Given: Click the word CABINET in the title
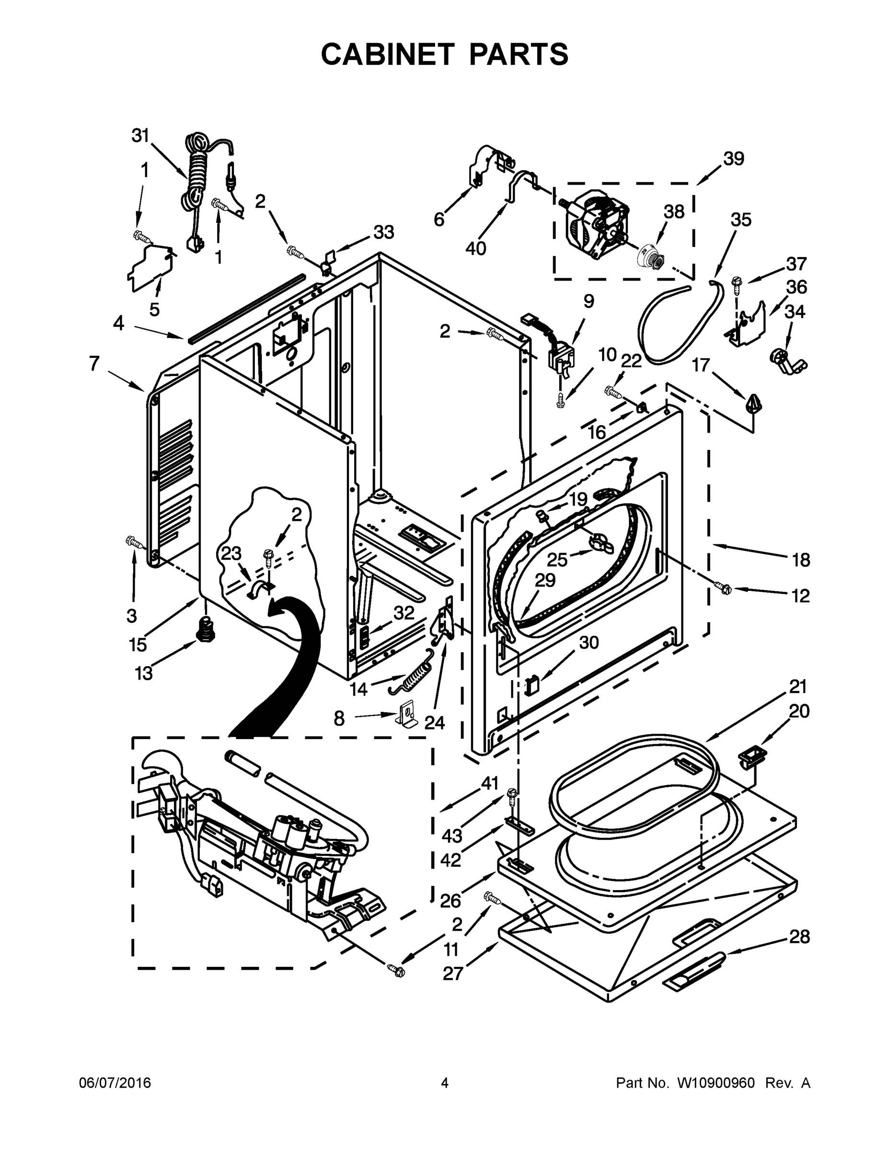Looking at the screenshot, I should (387, 54).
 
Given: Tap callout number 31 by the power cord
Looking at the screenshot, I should (140, 136).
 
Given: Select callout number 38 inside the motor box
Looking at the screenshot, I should (674, 212).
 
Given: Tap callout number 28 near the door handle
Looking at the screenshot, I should (799, 937).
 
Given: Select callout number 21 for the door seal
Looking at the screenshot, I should (798, 687).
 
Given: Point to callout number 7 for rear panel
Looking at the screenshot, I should (94, 364).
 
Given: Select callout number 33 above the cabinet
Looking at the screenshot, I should (383, 233).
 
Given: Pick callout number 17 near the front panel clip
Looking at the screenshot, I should (701, 364).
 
